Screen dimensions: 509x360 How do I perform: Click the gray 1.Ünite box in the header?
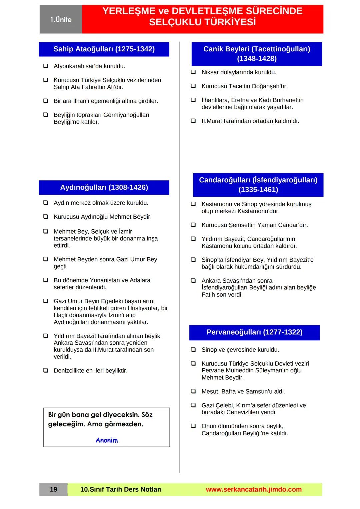coord(61,19)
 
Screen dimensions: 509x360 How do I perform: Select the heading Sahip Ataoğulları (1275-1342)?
coord(104,49)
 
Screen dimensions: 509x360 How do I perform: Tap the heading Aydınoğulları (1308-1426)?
coord(104,187)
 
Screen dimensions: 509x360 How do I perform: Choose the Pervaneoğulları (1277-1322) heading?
coord(254,332)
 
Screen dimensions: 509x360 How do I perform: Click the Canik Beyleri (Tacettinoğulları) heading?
coord(257,49)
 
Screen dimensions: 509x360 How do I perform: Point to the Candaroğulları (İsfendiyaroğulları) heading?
coord(258,180)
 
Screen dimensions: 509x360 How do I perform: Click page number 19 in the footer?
coord(53,489)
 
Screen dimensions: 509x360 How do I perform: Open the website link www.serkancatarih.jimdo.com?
coord(254,489)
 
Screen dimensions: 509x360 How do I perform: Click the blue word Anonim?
coord(107,440)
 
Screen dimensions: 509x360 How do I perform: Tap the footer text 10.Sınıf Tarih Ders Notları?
coord(121,489)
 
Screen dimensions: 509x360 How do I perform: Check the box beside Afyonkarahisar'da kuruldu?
coord(45,66)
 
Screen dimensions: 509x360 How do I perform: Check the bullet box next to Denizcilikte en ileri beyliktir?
coord(45,370)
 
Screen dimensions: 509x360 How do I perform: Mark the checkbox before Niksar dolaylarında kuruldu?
coord(193,72)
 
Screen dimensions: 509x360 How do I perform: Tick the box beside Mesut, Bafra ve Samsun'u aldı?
coord(193,391)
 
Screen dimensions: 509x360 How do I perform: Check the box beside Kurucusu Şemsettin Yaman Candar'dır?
coord(193,225)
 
